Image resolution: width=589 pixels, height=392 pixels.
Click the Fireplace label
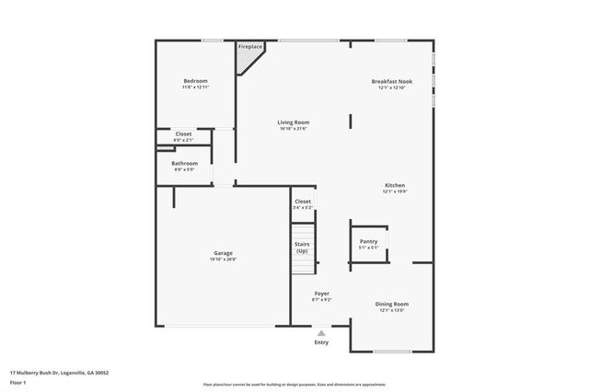click(249, 46)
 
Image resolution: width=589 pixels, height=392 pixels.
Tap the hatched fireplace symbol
click(248, 61)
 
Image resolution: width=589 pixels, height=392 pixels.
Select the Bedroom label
click(194, 81)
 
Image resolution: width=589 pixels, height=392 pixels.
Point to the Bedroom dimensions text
click(194, 87)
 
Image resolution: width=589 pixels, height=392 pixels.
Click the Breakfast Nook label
click(392, 81)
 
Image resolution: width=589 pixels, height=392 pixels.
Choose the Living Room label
click(294, 121)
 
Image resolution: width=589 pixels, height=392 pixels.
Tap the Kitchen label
click(394, 185)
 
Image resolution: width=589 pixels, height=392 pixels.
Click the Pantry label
click(368, 241)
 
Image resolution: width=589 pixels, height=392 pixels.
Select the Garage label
click(223, 253)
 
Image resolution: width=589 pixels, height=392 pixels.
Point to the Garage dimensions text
click(223, 259)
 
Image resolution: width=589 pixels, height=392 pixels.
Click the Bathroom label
click(185, 163)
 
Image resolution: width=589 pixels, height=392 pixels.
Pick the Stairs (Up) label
click(302, 248)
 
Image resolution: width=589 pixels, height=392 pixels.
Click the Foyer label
click(321, 294)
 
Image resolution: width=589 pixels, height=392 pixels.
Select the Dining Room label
click(392, 304)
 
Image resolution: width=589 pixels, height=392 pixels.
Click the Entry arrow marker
click(321, 333)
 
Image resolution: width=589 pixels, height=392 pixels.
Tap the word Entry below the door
click(321, 342)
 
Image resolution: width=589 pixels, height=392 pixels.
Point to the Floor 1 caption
click(18, 381)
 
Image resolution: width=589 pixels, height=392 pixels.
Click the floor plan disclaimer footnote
click(294, 385)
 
